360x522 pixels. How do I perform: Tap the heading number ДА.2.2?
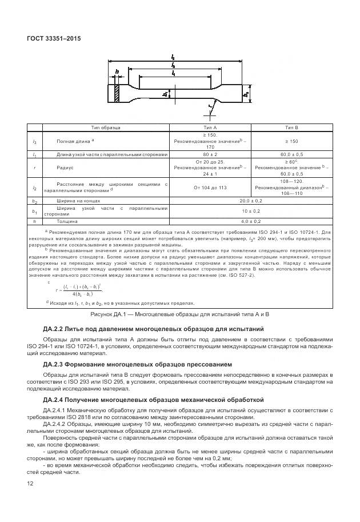pyautogui.click(x=55, y=329)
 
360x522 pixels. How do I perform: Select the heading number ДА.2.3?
pyautogui.click(x=55, y=363)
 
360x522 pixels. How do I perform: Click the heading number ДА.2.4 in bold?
pyautogui.click(x=55, y=398)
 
